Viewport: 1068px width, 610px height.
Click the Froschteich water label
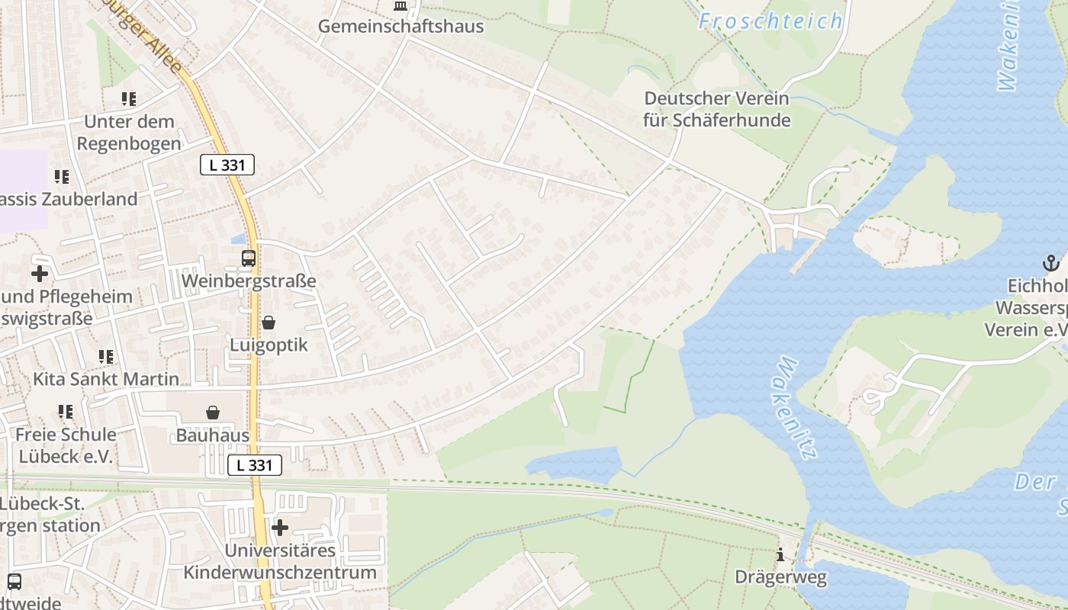click(x=770, y=21)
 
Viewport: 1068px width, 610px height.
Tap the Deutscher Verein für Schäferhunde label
click(x=716, y=109)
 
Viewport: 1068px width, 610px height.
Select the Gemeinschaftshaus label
click(x=400, y=26)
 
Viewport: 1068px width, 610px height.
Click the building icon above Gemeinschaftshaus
click(x=400, y=6)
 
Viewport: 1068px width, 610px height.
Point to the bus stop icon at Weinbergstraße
click(x=249, y=258)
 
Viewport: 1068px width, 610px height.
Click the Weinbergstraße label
click(x=249, y=281)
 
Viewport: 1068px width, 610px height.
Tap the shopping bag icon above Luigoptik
click(x=269, y=323)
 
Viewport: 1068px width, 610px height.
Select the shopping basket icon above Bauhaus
click(x=213, y=413)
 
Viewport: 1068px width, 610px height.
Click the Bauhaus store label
click(x=213, y=435)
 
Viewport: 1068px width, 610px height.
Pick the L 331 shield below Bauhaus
click(x=255, y=465)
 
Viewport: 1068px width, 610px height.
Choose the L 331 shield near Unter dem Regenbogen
click(x=227, y=164)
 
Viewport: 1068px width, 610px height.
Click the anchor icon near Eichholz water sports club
click(x=1051, y=264)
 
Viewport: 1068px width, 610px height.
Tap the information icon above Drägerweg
click(x=780, y=555)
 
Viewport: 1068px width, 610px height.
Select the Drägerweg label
click(x=780, y=577)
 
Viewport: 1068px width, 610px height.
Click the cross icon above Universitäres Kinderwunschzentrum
click(x=280, y=527)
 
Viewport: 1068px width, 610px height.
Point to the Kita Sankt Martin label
click(x=106, y=379)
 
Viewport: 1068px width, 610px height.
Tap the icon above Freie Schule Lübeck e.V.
click(x=66, y=412)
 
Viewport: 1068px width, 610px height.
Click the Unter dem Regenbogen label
click(x=129, y=132)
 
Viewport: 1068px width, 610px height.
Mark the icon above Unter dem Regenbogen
click(x=129, y=99)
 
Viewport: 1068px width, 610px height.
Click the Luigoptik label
click(x=269, y=345)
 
